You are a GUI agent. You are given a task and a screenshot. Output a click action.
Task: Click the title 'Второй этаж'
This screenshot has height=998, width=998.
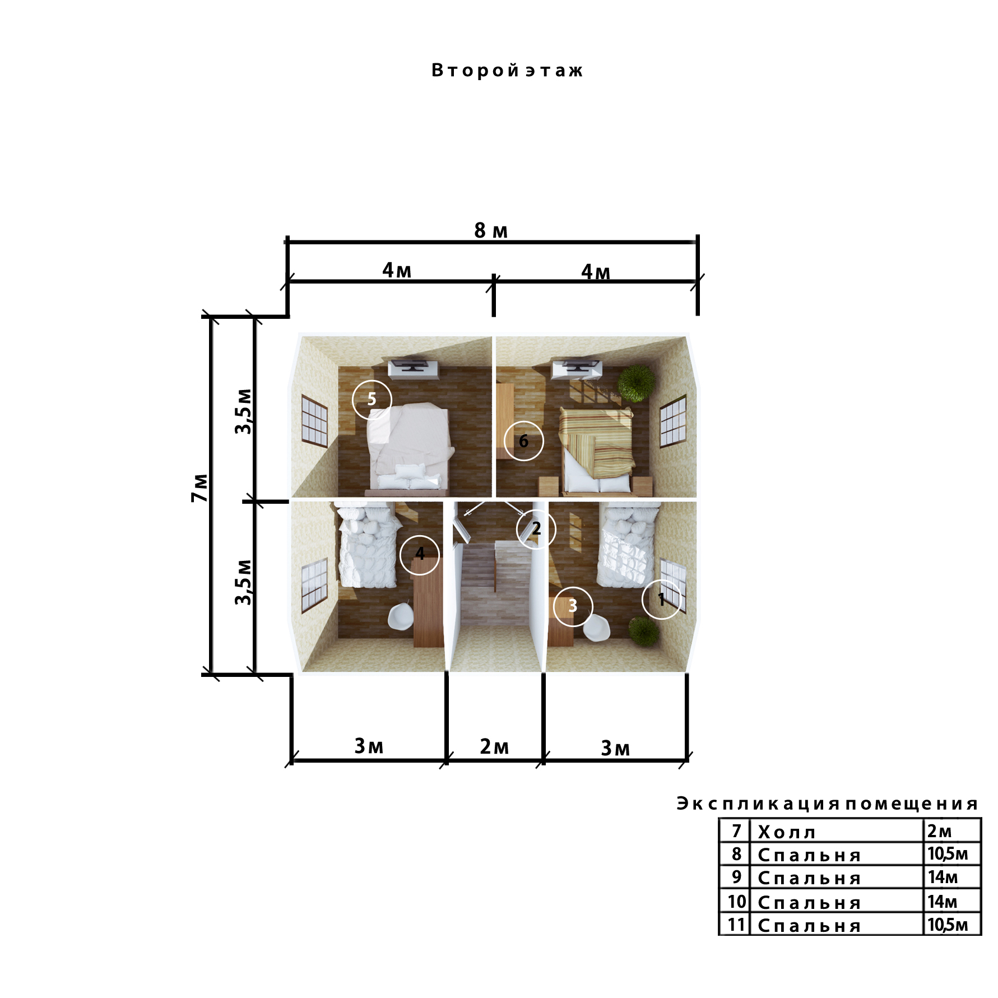point(507,71)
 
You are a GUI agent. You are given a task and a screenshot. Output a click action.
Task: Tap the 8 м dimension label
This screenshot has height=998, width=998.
point(491,230)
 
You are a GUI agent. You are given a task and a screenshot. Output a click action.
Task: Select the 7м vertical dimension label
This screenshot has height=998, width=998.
point(199,488)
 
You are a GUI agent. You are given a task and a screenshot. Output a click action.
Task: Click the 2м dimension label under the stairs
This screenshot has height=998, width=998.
point(494,746)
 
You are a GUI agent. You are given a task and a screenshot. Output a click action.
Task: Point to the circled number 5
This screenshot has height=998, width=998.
point(372,399)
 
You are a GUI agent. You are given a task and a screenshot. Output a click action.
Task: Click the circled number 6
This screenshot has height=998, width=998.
point(523,441)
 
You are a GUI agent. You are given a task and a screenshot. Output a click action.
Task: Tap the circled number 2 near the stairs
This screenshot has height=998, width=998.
point(536,528)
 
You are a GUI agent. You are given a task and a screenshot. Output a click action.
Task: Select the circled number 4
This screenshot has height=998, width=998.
point(420,554)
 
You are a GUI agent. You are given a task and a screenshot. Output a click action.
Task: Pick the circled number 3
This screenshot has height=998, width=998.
point(573,606)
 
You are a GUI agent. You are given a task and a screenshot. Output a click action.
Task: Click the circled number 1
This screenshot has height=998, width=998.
point(661,599)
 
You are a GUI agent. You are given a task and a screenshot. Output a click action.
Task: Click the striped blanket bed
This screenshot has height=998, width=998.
point(597,451)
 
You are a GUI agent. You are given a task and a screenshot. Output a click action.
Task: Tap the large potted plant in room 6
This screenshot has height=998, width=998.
point(636,383)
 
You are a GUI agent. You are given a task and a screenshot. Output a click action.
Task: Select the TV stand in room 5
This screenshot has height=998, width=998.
point(414,369)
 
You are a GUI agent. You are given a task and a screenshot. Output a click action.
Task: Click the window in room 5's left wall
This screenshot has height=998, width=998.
point(314,421)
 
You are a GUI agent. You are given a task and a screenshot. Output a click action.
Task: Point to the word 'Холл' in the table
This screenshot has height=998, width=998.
point(787,833)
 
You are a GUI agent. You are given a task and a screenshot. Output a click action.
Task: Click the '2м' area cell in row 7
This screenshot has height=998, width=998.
point(940,831)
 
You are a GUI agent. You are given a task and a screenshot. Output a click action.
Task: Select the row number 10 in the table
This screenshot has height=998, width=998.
point(737,902)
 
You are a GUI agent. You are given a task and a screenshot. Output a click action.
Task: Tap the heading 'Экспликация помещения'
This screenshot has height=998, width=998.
point(827,804)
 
